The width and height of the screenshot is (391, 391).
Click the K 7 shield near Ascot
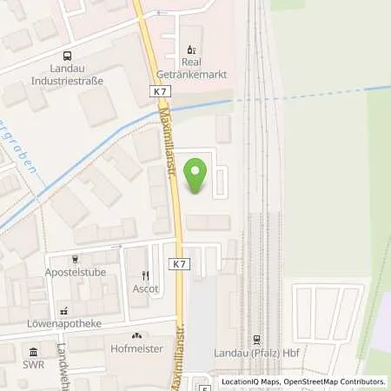click(178, 263)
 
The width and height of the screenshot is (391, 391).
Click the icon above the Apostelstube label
click(76, 258)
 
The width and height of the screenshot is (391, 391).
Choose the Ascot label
click(145, 288)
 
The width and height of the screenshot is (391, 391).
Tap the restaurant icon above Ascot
click(145, 275)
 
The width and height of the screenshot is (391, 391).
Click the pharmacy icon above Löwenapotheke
click(63, 310)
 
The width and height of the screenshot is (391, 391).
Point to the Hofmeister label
click(136, 348)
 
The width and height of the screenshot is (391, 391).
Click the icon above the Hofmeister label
click(136, 335)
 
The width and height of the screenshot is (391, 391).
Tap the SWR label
click(33, 366)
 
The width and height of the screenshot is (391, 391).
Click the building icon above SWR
click(33, 352)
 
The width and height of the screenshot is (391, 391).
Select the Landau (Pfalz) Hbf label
click(257, 354)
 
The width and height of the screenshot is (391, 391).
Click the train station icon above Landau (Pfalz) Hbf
click(257, 340)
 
